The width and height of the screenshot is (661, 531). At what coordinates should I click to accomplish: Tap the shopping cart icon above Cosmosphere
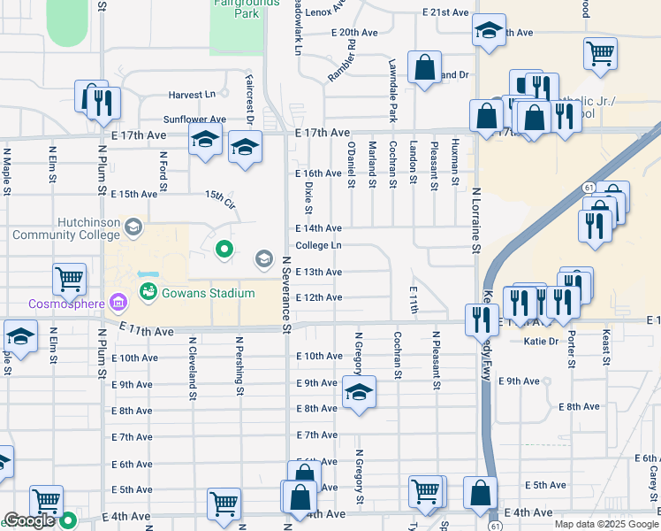[x=69, y=279]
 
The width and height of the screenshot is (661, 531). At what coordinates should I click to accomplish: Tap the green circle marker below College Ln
[x=224, y=250]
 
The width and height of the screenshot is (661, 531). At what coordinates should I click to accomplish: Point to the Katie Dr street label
[x=542, y=341]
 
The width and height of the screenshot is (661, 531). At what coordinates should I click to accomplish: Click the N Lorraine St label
[x=475, y=219]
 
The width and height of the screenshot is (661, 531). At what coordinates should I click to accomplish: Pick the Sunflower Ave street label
[x=194, y=119]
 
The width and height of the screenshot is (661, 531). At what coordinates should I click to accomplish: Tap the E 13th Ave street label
[x=319, y=272]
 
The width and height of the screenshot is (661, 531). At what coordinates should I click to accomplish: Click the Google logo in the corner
[x=29, y=521]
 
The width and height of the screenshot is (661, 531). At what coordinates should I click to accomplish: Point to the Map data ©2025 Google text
[x=606, y=524]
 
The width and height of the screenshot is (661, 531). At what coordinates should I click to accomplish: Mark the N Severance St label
[x=286, y=296]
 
